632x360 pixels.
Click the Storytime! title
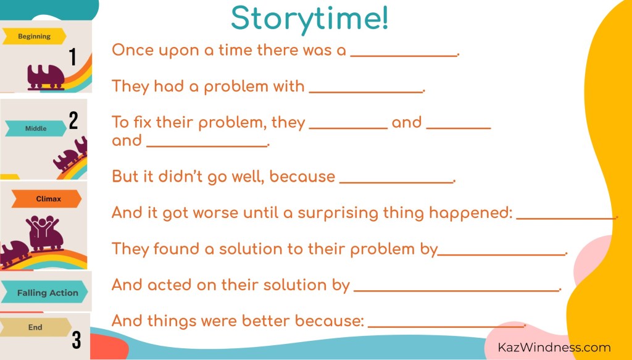coord(310,19)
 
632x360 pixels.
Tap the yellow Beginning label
coord(34,36)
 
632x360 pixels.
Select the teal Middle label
coord(35,128)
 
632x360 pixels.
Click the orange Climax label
coord(46,199)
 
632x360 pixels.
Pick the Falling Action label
coord(44,293)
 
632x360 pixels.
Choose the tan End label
coord(35,327)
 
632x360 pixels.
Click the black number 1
coord(73,57)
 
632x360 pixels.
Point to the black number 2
coord(73,120)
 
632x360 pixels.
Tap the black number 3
coord(77,340)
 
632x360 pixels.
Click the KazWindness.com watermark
coord(554,347)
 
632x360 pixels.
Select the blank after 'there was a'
coord(404,56)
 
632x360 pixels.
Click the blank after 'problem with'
coord(366,91)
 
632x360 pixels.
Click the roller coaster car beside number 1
coord(46,77)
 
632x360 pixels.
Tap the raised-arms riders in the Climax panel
coord(43,224)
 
